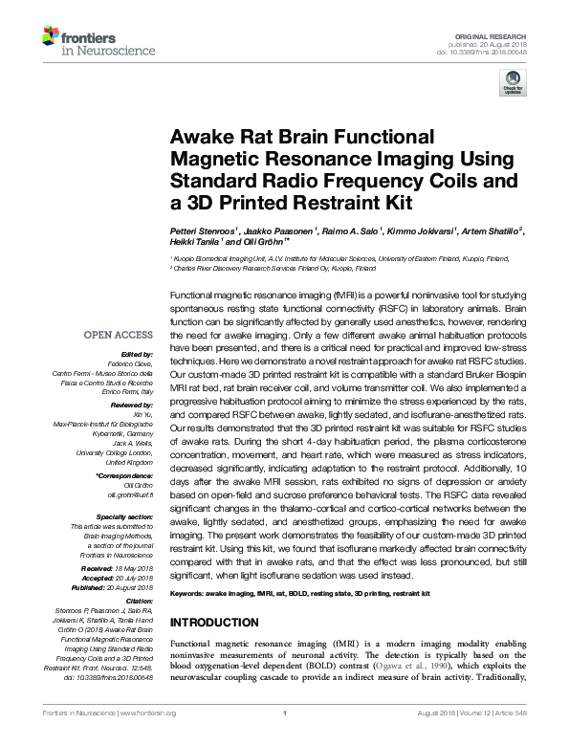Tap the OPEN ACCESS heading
(x=118, y=334)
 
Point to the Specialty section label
(x=125, y=516)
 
